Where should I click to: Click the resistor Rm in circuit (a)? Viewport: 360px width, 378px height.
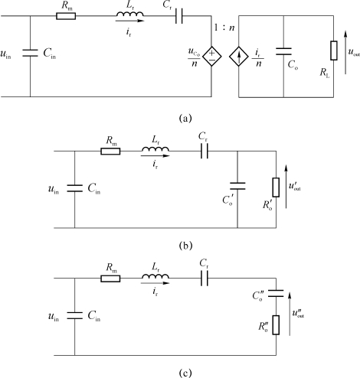click(66, 16)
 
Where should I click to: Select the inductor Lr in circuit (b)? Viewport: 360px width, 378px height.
click(155, 149)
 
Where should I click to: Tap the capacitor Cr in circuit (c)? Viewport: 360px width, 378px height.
click(205, 279)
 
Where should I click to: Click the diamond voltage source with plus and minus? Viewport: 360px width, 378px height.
click(212, 57)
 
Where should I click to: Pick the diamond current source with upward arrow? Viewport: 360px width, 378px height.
click(239, 57)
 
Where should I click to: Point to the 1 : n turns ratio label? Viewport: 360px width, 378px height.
click(224, 28)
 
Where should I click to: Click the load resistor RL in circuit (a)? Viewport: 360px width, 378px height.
click(334, 51)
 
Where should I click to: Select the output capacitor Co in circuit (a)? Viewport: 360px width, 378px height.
click(283, 51)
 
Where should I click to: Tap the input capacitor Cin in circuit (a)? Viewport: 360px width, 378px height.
click(30, 53)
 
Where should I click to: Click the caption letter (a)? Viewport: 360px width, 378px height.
click(185, 119)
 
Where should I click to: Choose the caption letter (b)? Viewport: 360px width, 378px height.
click(185, 246)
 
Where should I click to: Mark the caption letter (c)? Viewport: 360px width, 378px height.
click(185, 373)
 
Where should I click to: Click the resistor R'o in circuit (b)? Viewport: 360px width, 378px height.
click(276, 187)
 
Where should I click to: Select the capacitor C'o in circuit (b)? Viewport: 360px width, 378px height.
click(237, 186)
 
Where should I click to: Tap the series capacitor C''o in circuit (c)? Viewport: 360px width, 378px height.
click(276, 293)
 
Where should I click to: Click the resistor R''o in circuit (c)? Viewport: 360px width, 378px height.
click(276, 325)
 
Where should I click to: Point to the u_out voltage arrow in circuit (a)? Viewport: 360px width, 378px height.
click(345, 52)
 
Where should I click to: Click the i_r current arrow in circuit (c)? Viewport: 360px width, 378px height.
click(155, 283)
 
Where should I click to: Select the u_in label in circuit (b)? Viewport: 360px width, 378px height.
click(54, 189)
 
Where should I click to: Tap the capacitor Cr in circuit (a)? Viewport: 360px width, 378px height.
click(179, 16)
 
